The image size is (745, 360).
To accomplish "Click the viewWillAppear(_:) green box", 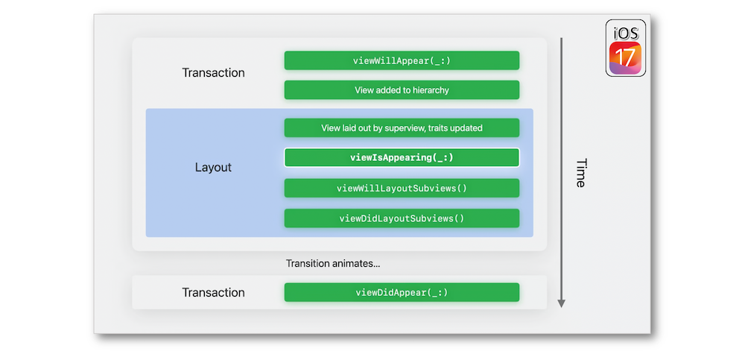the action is pyautogui.click(x=402, y=60).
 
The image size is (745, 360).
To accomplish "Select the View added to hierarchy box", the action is pyautogui.click(x=402, y=90).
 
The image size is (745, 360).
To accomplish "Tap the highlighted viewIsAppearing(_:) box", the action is pyautogui.click(x=402, y=158).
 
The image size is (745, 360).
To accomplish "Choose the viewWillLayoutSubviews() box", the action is pyautogui.click(x=402, y=189).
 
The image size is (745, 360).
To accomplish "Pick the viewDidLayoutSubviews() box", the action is pyautogui.click(x=402, y=218).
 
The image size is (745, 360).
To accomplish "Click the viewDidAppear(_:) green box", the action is pyautogui.click(x=402, y=292).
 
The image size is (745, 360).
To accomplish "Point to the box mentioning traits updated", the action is pyautogui.click(x=402, y=128).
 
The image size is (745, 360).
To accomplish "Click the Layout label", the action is pyautogui.click(x=213, y=168).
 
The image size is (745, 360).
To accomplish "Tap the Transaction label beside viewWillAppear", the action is pyautogui.click(x=213, y=73).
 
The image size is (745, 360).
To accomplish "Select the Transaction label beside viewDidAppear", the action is pyautogui.click(x=213, y=292).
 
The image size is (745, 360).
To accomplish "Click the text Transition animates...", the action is pyautogui.click(x=332, y=263).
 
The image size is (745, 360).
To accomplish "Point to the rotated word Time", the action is pyautogui.click(x=580, y=173).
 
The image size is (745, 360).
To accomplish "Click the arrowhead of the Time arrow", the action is pyautogui.click(x=561, y=303).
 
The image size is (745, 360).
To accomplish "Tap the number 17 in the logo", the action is pyautogui.click(x=625, y=58).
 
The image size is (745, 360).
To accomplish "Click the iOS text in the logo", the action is pyautogui.click(x=626, y=33).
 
